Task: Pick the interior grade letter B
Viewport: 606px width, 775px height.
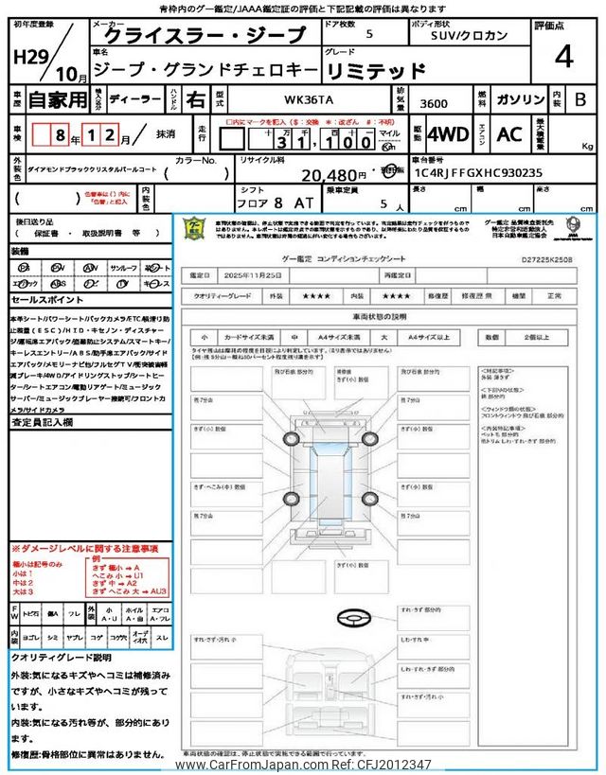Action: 580,98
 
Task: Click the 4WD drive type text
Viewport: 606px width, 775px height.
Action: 448,134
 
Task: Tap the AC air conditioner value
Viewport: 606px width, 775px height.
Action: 509,134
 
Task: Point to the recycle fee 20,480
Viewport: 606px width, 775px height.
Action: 333,175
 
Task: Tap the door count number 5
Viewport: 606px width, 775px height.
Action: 369,34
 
